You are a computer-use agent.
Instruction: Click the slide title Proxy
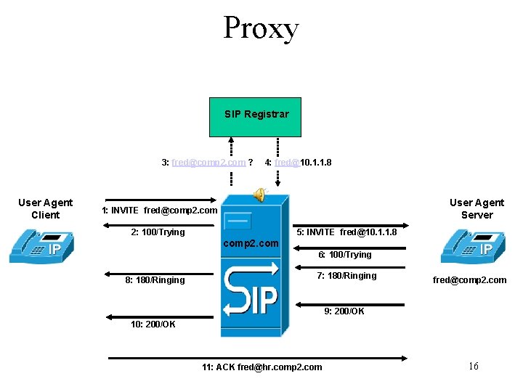pos(261,28)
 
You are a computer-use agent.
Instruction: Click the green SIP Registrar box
pos(255,116)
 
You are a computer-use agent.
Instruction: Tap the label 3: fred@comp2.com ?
pos(207,163)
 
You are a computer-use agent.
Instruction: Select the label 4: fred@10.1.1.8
pos(298,163)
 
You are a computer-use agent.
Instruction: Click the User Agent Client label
pos(45,208)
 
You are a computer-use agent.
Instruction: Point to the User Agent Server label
pos(477,208)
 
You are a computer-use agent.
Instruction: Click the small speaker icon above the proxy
pos(259,193)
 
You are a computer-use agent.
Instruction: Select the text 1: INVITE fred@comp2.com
pos(159,211)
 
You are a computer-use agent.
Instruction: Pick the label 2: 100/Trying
pos(158,232)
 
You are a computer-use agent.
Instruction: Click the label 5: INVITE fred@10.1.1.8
pos(346,232)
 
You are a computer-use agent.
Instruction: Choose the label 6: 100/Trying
pos(345,255)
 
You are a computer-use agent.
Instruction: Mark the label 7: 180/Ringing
pos(346,276)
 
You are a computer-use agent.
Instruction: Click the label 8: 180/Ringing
pos(155,280)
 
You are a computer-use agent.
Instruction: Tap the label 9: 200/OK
pos(344,311)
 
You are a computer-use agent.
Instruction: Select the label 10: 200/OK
pos(153,324)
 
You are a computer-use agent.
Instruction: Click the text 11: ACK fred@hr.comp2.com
pos(261,367)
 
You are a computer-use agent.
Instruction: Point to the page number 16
pos(473,366)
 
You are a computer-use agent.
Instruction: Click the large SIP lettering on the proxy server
pos(251,290)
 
